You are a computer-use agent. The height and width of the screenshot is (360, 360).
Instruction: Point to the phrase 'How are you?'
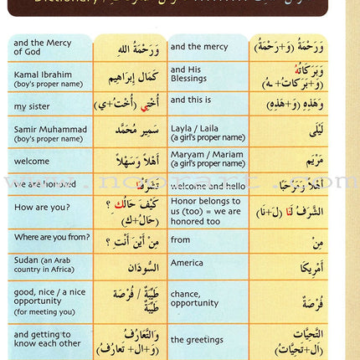coord(38,205)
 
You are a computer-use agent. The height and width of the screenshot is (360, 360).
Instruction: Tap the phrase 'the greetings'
coord(200,341)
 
